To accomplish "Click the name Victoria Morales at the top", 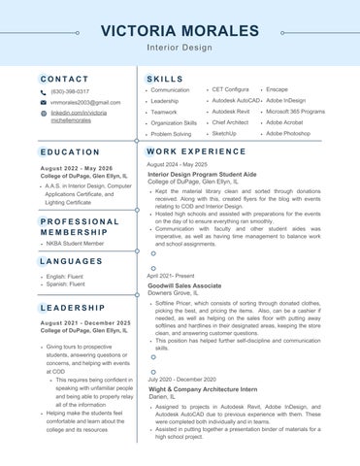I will pos(180,31).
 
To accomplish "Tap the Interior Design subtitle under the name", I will pos(180,48).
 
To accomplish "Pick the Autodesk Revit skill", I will pos(230,112).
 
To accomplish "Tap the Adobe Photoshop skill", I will pos(288,133).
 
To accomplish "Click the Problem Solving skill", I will pos(171,135).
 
